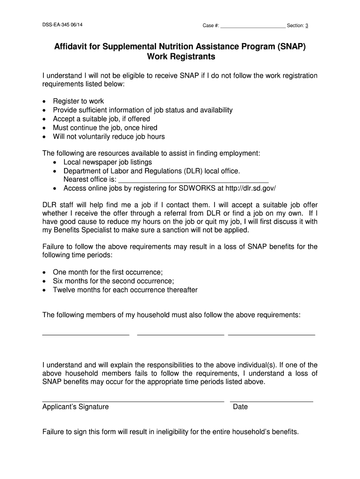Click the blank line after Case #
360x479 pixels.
pos(252,27)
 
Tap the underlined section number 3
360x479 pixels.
pos(307,25)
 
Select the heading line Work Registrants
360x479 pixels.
pos(181,57)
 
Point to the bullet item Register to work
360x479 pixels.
pos(78,101)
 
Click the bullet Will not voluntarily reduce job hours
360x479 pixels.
pos(108,137)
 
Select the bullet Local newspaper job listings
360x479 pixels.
pos(108,162)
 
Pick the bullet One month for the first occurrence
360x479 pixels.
pos(108,272)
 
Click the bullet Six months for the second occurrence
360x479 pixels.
pos(113,281)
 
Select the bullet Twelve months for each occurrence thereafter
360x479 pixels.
pos(125,290)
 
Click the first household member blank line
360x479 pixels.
pos(86,334)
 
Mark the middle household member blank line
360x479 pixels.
pos(180,334)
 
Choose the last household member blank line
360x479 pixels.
pos(272,334)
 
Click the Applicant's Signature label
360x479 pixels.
pos(75,407)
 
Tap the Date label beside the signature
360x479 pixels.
pos(240,407)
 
